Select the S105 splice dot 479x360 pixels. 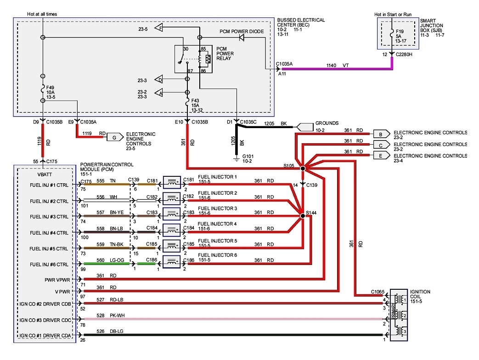(x=303, y=169)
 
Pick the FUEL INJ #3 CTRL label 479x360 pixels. (x=49, y=216)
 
